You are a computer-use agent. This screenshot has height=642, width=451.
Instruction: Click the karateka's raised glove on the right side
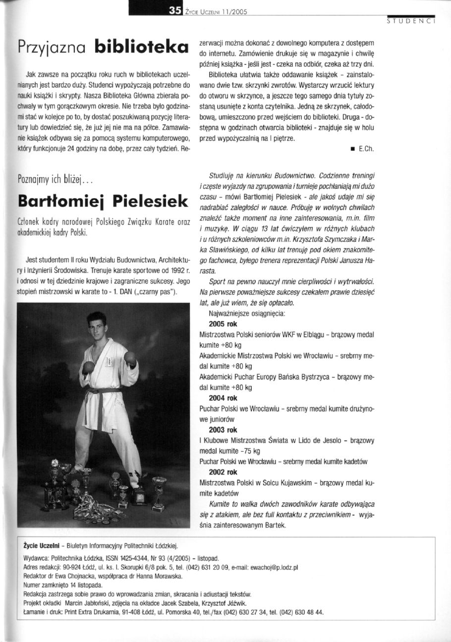tap(130, 357)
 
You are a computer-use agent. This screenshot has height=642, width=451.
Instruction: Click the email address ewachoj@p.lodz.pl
tap(274, 567)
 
